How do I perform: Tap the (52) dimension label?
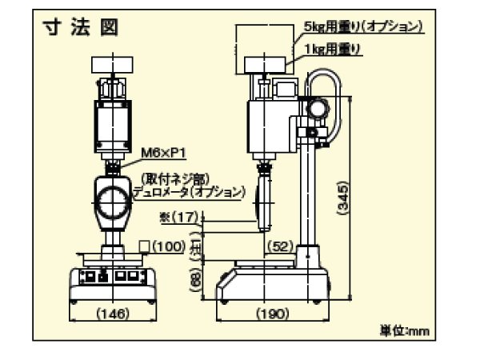pyautogui.click(x=280, y=246)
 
